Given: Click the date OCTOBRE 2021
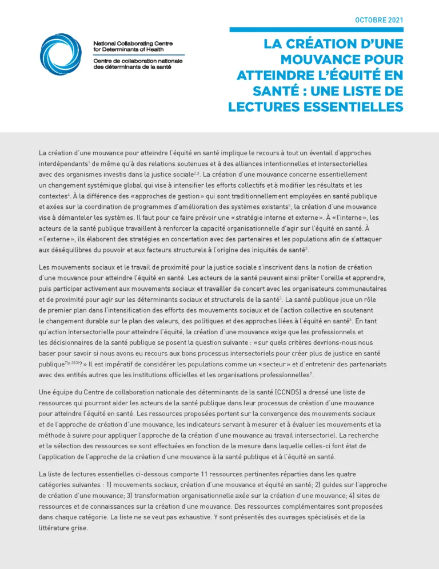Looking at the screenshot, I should [379, 20].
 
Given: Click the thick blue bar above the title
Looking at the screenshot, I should [316, 29].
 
